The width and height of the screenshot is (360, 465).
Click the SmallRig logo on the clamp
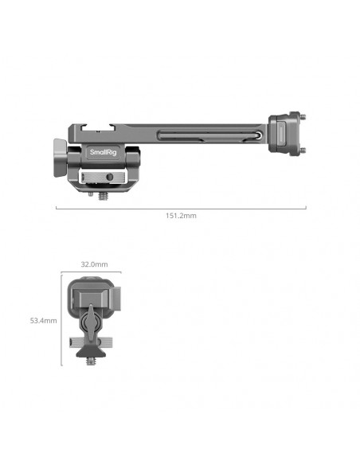104,152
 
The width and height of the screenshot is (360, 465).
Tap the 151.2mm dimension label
181,216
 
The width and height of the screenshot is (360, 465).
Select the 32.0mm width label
94,264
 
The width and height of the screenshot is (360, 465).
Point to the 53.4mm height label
43,321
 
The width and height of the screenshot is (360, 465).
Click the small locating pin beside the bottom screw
91,194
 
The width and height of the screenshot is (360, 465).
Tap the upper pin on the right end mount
303,116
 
